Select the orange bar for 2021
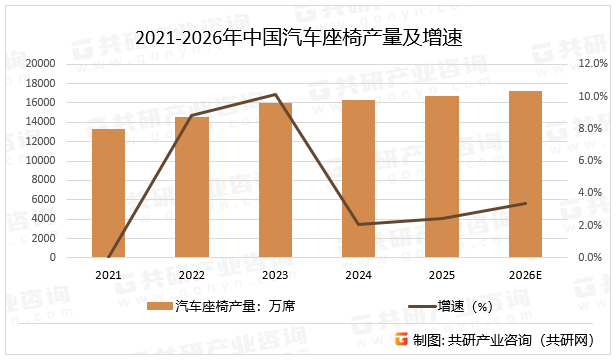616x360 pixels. pos(109,193)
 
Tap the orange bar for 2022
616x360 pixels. pos(192,187)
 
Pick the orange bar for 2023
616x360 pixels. pos(275,180)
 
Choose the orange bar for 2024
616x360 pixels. pos(359,178)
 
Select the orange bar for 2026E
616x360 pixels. pos(525,174)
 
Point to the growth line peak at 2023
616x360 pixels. pos(275,95)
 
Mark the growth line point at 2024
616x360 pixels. pos(359,224)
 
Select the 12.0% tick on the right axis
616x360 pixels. pos(587,63)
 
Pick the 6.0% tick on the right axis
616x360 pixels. pos(587,160)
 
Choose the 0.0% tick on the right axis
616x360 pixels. pos(587,257)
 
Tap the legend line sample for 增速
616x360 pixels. pos(417,306)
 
